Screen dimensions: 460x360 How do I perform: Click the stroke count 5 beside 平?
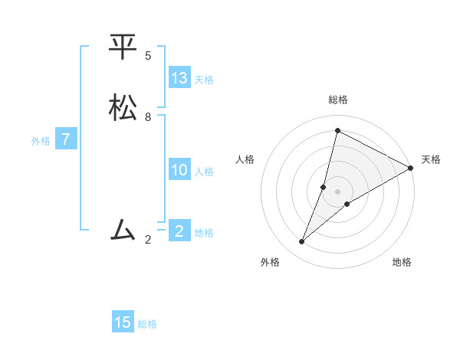click(148, 56)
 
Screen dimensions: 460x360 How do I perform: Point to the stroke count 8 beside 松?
click(148, 117)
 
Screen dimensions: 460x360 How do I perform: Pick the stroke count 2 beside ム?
click(148, 240)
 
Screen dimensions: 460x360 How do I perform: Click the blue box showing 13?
click(179, 78)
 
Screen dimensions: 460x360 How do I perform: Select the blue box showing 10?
click(179, 170)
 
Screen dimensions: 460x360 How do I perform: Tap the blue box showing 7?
click(66, 140)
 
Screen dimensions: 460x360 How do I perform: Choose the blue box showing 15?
click(123, 322)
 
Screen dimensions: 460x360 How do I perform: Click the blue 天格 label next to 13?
click(204, 80)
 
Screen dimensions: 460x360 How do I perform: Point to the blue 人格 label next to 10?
click(204, 172)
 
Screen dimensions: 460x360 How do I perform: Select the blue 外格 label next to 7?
click(41, 141)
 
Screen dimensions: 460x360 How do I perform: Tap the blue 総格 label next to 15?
click(147, 324)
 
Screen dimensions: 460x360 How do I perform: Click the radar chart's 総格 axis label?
click(338, 100)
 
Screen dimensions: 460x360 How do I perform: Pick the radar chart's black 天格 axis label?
click(431, 159)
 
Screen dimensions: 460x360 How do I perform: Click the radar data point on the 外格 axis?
click(302, 242)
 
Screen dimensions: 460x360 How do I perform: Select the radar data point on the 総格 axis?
click(337, 130)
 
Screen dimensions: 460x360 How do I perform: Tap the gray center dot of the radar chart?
click(337, 191)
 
